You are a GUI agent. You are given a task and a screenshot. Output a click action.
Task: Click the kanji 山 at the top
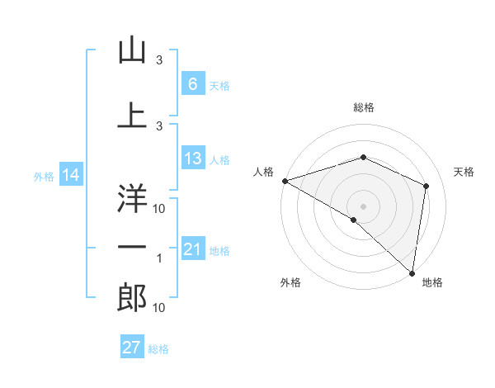(x=132, y=51)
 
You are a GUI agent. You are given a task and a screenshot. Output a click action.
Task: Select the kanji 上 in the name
(x=132, y=115)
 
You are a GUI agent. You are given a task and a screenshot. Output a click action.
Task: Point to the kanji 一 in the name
(x=132, y=246)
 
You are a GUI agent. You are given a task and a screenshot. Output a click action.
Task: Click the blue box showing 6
(x=192, y=84)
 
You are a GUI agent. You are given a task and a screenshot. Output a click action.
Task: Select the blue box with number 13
(x=192, y=159)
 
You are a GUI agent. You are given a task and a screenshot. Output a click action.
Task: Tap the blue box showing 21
(x=192, y=249)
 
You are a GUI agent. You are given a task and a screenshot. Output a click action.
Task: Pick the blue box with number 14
(x=71, y=175)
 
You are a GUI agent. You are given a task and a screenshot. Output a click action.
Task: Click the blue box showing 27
(x=132, y=348)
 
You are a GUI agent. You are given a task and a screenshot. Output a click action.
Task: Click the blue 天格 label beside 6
(x=219, y=86)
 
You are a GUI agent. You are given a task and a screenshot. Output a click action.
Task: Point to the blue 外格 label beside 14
(x=44, y=177)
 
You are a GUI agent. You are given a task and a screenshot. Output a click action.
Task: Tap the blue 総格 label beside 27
(x=158, y=349)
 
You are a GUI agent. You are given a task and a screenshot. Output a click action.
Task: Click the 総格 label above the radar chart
(x=363, y=107)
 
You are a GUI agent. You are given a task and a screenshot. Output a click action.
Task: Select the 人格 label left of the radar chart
(x=264, y=172)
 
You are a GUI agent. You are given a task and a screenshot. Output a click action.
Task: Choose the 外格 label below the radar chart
(x=290, y=283)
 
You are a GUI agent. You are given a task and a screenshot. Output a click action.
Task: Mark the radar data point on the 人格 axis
(x=285, y=181)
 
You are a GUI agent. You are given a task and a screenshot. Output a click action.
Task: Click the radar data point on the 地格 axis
(x=412, y=272)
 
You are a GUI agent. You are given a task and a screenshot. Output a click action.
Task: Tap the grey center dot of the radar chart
(x=363, y=206)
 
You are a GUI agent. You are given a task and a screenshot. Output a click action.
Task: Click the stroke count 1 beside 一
(x=159, y=259)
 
